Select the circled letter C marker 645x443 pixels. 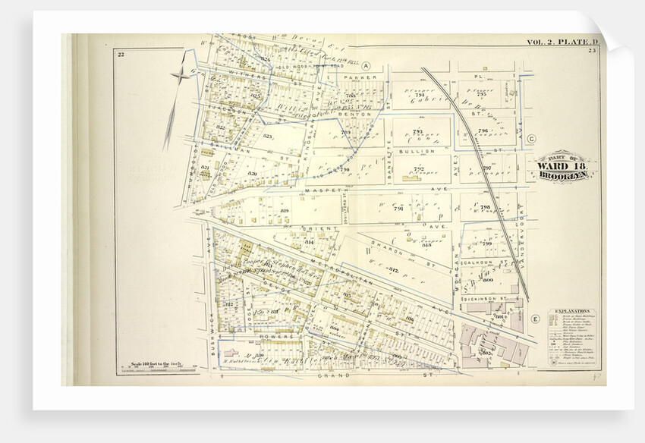pyautogui.click(x=531, y=139)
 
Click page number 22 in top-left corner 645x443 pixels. pyautogui.click(x=121, y=54)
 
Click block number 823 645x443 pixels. pyautogui.click(x=267, y=137)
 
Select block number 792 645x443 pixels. pyautogui.click(x=418, y=168)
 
